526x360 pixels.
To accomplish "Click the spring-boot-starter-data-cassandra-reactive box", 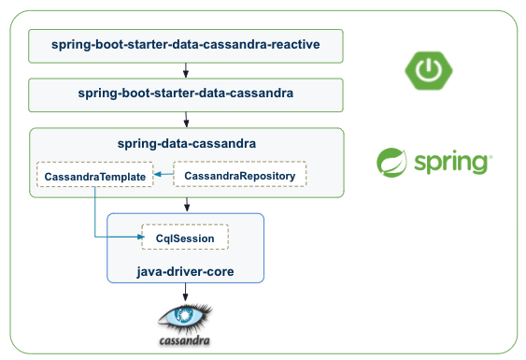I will (x=186, y=45).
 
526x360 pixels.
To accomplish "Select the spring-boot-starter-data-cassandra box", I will (x=186, y=94).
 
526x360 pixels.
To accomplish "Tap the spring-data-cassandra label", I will (x=187, y=144).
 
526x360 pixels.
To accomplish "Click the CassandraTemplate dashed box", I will (x=94, y=175).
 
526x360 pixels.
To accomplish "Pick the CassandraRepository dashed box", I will (x=240, y=175).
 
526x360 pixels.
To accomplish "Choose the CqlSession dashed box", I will (x=185, y=238).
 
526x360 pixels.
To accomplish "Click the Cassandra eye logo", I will (x=184, y=316).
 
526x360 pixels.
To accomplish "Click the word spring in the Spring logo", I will (x=454, y=163).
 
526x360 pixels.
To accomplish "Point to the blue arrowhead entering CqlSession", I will (x=135, y=238).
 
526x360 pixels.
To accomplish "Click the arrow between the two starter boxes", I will (x=187, y=69).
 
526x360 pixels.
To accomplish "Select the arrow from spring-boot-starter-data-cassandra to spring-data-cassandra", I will (x=187, y=119).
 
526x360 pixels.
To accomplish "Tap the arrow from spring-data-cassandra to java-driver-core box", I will (x=187, y=205).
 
